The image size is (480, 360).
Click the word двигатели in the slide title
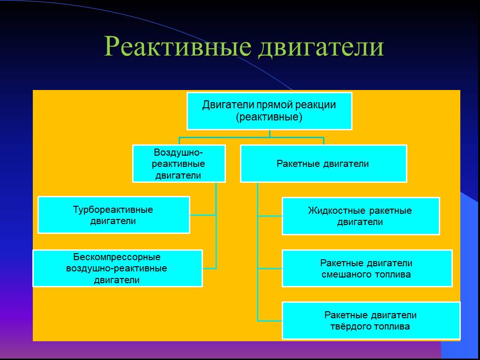click(x=321, y=47)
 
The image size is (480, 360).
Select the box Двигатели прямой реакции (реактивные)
click(x=269, y=111)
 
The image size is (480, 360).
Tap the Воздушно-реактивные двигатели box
click(x=179, y=164)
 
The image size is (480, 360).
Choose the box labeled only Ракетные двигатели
click(x=323, y=164)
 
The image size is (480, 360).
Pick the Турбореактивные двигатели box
click(x=113, y=215)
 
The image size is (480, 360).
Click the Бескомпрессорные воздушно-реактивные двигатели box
click(x=117, y=269)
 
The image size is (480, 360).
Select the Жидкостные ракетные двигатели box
click(x=360, y=216)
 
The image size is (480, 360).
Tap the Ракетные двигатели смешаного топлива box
click(x=367, y=269)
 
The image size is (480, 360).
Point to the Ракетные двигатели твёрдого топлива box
click(x=371, y=321)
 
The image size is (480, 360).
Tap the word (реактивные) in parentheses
click(x=269, y=117)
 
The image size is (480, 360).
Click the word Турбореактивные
click(x=113, y=210)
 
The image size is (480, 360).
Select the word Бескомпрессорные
click(x=117, y=257)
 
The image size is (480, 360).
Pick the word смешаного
click(x=346, y=274)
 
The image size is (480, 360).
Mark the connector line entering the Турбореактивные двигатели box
click(x=202, y=215)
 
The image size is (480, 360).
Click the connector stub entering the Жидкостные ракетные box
click(x=270, y=216)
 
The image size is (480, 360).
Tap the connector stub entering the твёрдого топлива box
click(x=270, y=321)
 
